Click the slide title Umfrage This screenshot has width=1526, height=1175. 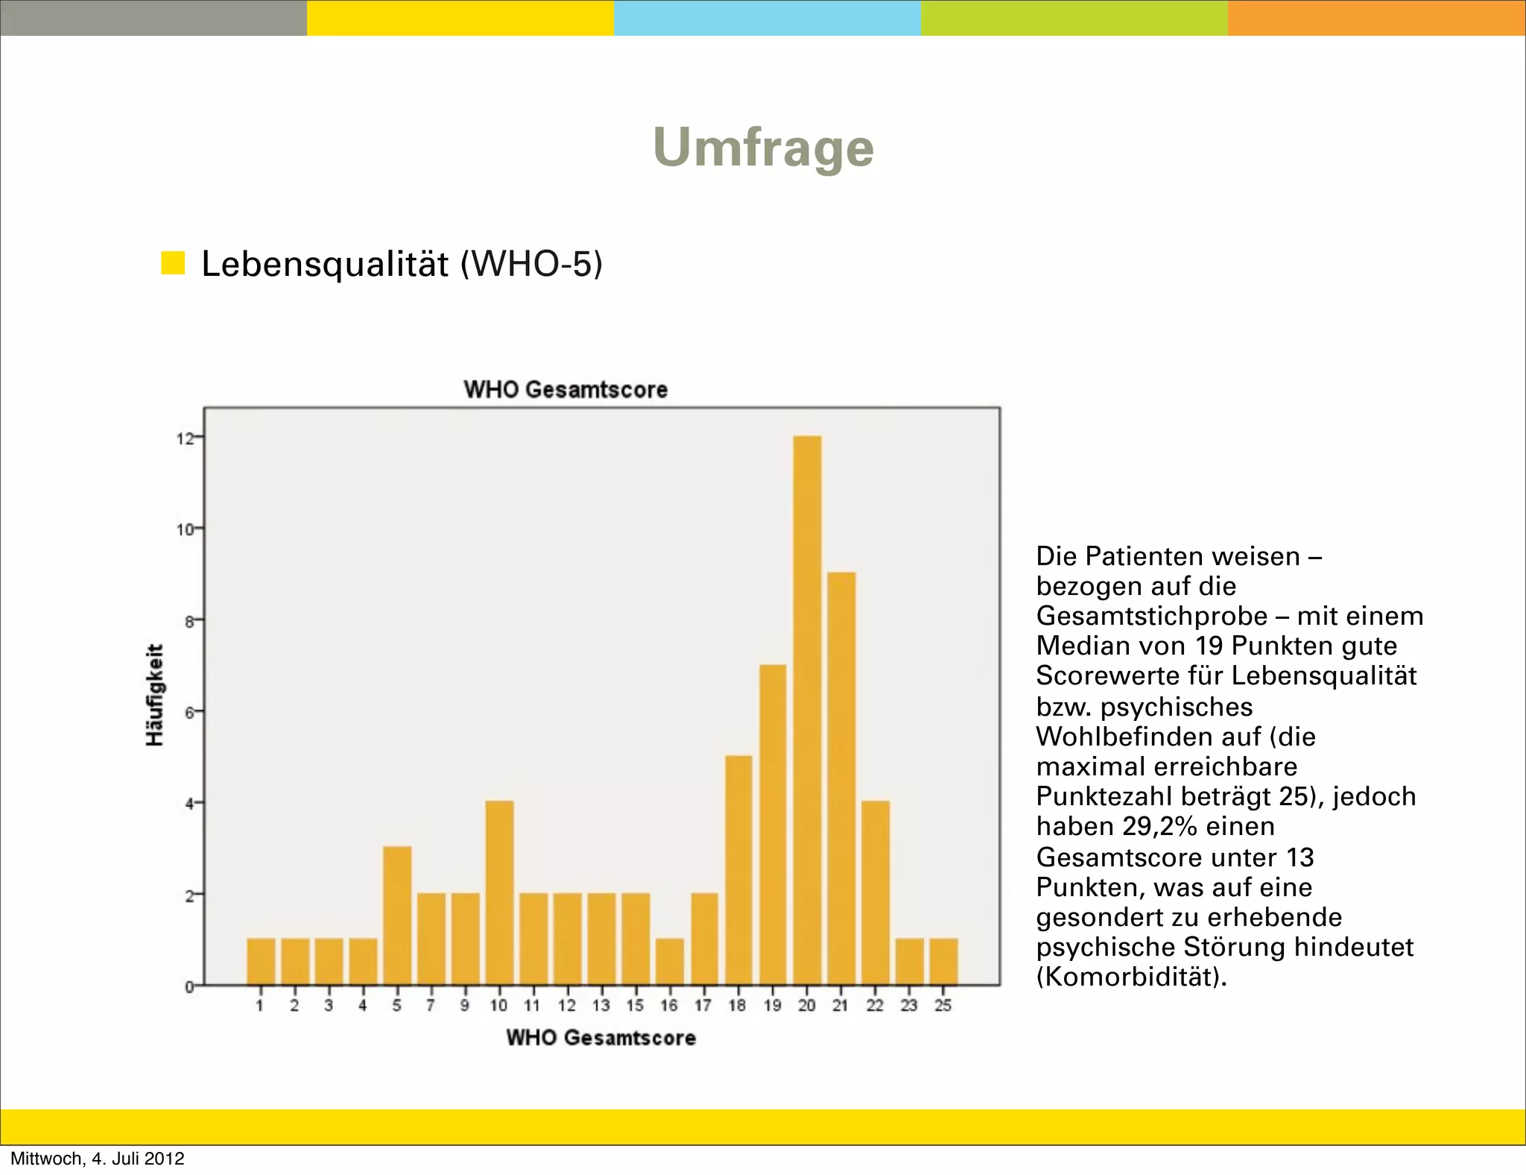[763, 148]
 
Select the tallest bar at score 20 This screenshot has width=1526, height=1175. [807, 708]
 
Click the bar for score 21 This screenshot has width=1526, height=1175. [841, 779]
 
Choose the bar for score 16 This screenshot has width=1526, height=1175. [670, 962]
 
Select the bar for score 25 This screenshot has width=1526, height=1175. [943, 962]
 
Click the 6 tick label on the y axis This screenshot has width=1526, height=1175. [189, 712]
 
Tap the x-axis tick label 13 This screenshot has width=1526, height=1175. [601, 1006]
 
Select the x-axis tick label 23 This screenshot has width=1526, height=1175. [909, 1006]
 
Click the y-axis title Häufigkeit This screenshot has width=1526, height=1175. [155, 694]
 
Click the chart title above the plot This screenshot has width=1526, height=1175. [566, 389]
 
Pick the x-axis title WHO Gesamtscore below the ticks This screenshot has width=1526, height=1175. [601, 1038]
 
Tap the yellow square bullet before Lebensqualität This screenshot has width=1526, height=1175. [173, 263]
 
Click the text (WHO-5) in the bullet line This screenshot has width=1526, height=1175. [531, 264]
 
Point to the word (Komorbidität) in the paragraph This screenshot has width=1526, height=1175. [1131, 977]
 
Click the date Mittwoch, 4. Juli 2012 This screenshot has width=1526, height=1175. [98, 1159]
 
